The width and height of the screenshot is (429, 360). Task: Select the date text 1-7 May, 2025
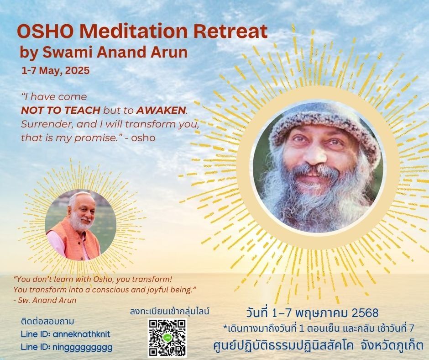pyautogui.click(x=56, y=71)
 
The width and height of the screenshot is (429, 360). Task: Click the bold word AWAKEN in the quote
pyautogui.click(x=161, y=110)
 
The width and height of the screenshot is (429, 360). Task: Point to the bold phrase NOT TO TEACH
pyautogui.click(x=61, y=110)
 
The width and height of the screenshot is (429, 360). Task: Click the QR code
pyautogui.click(x=167, y=338)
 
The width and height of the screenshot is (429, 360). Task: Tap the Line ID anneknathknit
pyautogui.click(x=66, y=334)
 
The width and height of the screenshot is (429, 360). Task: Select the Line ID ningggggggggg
pyautogui.click(x=67, y=347)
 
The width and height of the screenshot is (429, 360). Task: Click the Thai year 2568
pyautogui.click(x=365, y=313)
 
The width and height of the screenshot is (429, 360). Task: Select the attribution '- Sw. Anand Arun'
pyautogui.click(x=45, y=300)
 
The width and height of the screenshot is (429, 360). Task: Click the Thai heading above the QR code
pyautogui.click(x=170, y=312)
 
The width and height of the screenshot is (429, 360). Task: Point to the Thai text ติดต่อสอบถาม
pyautogui.click(x=47, y=322)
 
